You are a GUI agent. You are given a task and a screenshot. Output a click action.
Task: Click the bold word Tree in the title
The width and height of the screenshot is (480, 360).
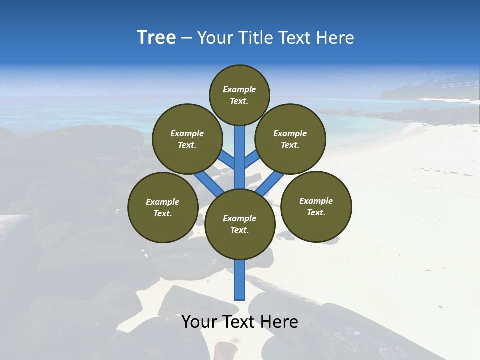[156, 37]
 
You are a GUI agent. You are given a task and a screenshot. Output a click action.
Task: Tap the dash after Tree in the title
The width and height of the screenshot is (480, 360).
[186, 38]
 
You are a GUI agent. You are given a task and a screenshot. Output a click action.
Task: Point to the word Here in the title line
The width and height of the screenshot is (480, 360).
[335, 38]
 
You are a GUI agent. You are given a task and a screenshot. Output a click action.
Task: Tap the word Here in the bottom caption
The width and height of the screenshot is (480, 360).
[279, 322]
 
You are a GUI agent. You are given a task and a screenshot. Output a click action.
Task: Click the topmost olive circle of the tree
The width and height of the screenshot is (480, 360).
[239, 95]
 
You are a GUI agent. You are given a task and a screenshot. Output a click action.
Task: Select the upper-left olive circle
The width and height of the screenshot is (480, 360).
[187, 139]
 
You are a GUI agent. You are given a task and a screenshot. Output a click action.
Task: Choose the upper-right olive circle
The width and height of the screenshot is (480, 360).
[290, 139]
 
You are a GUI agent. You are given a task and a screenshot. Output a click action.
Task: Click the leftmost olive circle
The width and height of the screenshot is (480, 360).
[163, 207]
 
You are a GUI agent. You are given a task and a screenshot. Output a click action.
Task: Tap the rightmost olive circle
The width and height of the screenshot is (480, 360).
[316, 206]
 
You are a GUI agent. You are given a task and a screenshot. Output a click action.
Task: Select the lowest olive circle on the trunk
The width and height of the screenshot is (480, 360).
[240, 224]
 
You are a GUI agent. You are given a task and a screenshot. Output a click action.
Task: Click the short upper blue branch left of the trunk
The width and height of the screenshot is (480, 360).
[227, 160]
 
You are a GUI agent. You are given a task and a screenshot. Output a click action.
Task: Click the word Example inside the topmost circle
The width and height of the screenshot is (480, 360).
[239, 89]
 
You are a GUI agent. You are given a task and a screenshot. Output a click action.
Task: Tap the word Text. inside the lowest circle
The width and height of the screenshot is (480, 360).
[239, 230]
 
